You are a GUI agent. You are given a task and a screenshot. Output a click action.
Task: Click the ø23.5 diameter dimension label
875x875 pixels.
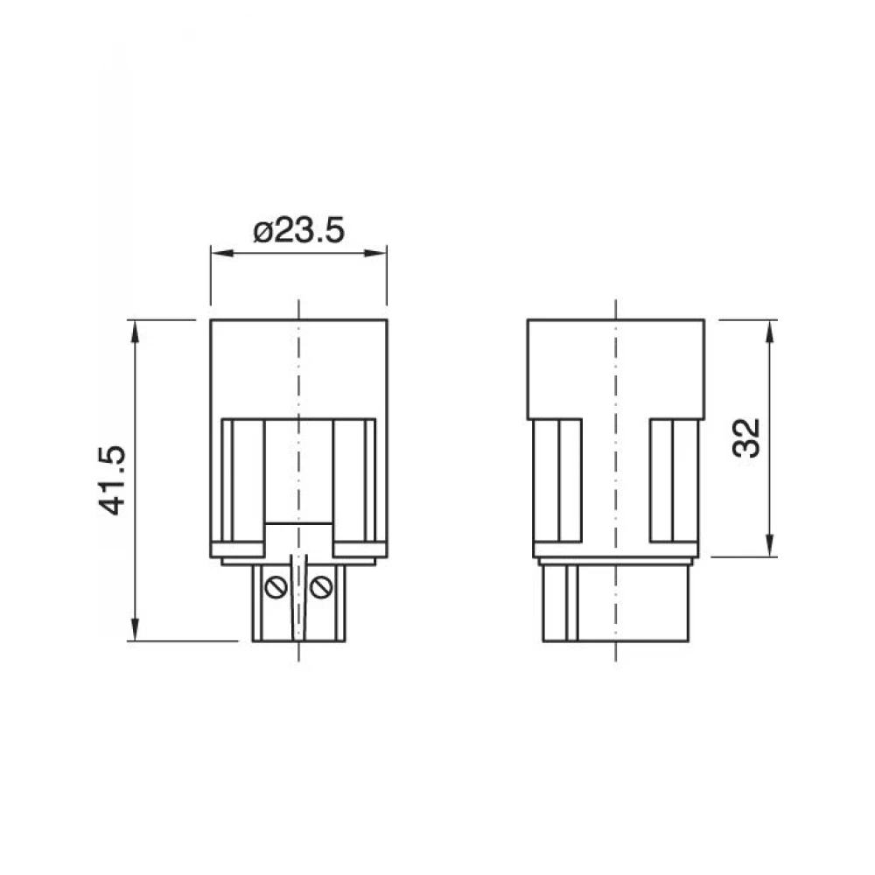(x=298, y=230)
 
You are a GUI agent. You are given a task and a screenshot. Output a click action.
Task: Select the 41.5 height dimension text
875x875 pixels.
(x=112, y=479)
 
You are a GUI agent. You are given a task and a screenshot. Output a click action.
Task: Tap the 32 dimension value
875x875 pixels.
(x=746, y=438)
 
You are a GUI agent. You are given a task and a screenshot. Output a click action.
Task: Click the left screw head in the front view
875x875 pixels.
(x=276, y=587)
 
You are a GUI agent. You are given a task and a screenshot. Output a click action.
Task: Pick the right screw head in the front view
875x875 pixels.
(x=321, y=587)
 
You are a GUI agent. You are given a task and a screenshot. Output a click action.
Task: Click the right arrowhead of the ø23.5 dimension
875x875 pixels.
(x=375, y=253)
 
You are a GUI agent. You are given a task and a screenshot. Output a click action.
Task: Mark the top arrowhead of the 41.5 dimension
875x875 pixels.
(x=135, y=332)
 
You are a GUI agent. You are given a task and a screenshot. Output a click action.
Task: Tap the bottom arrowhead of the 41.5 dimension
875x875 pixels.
(x=135, y=629)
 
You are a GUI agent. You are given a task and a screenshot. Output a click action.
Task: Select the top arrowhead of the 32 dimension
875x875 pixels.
(x=769, y=332)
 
